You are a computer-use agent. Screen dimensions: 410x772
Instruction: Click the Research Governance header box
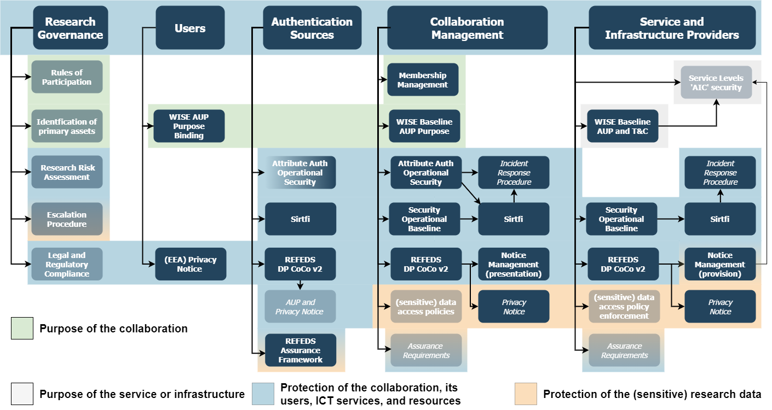70,28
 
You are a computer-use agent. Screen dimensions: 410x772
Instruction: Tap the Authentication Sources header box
312,28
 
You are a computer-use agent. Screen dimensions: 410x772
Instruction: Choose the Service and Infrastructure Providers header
672,28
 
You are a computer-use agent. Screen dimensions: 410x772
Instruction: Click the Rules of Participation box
67,77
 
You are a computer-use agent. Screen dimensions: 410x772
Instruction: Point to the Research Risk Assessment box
67,172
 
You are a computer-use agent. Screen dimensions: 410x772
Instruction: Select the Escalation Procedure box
67,219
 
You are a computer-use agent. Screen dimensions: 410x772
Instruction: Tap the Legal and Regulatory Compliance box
67,265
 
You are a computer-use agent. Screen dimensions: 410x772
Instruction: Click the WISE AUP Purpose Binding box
189,126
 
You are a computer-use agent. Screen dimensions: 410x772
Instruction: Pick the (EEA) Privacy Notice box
191,265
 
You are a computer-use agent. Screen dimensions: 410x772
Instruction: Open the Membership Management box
423,80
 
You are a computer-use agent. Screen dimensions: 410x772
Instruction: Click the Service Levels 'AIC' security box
716,83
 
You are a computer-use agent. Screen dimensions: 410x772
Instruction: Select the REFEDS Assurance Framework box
300,350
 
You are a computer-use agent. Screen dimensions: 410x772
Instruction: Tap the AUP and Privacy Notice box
300,307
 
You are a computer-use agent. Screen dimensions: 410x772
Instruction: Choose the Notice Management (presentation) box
514,265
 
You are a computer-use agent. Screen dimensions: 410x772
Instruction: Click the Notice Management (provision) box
720,265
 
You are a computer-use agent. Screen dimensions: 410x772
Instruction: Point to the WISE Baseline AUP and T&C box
623,126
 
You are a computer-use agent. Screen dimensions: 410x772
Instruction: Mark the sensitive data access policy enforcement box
624,307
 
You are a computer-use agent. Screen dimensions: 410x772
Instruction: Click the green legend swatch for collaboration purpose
22,329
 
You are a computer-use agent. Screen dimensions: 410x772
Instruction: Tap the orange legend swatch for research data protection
526,394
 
